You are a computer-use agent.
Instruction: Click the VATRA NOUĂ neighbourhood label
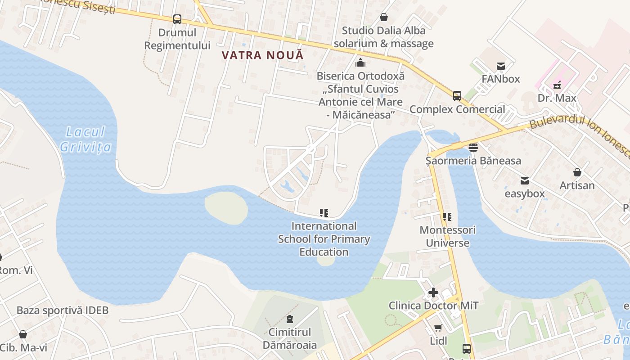click(x=263, y=55)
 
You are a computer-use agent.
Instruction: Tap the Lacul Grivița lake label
click(x=85, y=139)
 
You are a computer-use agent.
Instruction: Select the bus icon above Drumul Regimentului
click(x=177, y=19)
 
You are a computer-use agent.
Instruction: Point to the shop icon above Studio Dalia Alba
click(x=384, y=17)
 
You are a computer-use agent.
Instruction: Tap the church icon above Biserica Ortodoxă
click(x=360, y=63)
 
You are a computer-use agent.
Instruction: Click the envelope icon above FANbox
click(x=500, y=66)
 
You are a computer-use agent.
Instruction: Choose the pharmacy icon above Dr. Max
click(x=557, y=85)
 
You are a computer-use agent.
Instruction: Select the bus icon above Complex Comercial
click(x=457, y=96)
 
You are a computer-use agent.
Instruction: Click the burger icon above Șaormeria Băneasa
click(x=473, y=147)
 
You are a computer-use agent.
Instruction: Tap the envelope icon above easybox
click(x=525, y=180)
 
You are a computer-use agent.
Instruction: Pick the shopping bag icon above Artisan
click(x=577, y=172)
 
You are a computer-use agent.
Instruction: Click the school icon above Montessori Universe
click(x=447, y=217)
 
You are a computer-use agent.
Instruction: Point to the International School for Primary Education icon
click(x=324, y=212)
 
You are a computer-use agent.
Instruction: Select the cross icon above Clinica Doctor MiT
click(x=433, y=292)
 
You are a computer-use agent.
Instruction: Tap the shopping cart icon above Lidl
click(x=438, y=328)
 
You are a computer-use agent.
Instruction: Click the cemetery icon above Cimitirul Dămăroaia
click(x=290, y=319)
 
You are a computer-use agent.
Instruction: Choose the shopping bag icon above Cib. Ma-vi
click(x=23, y=334)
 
